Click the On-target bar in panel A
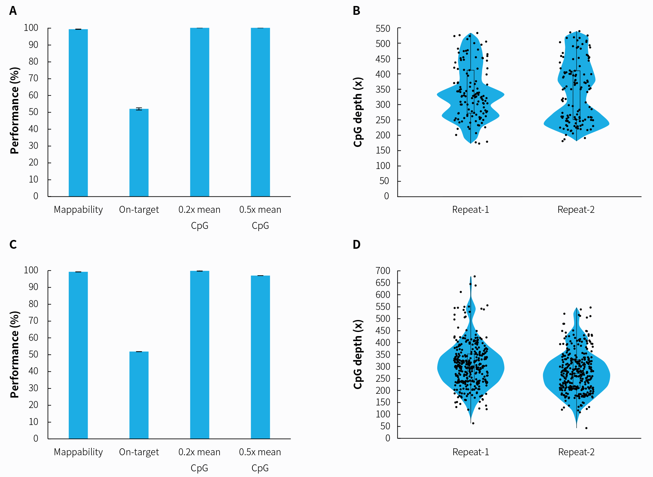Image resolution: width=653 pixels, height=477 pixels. [139, 153]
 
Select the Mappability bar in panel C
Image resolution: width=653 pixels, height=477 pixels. [78, 355]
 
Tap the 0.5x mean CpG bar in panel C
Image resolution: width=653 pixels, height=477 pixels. [260, 357]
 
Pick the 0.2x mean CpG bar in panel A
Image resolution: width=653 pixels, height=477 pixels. [199, 112]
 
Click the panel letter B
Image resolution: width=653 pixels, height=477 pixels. [356, 11]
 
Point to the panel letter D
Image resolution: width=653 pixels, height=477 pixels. [356, 245]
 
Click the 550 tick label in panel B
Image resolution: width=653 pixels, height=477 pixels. [383, 29]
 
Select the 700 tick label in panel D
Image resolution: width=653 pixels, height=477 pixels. [383, 271]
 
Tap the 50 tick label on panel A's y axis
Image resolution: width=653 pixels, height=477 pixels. [33, 112]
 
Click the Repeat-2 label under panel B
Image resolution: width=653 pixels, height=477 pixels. [576, 210]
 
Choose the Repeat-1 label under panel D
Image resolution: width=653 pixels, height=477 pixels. [471, 452]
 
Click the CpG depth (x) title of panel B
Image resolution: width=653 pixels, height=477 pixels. [358, 112]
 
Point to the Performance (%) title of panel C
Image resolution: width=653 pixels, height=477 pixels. [15, 354]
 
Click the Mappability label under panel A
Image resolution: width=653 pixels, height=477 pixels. [78, 210]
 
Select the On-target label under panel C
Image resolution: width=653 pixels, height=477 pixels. [139, 452]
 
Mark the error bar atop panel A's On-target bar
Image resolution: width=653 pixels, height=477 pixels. [139, 109]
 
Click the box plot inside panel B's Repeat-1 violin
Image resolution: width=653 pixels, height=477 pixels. [471, 91]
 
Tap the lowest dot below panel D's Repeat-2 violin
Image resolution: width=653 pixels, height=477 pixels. [586, 428]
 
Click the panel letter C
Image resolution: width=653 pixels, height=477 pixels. [13, 245]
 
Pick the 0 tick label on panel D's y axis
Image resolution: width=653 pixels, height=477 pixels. [387, 438]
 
